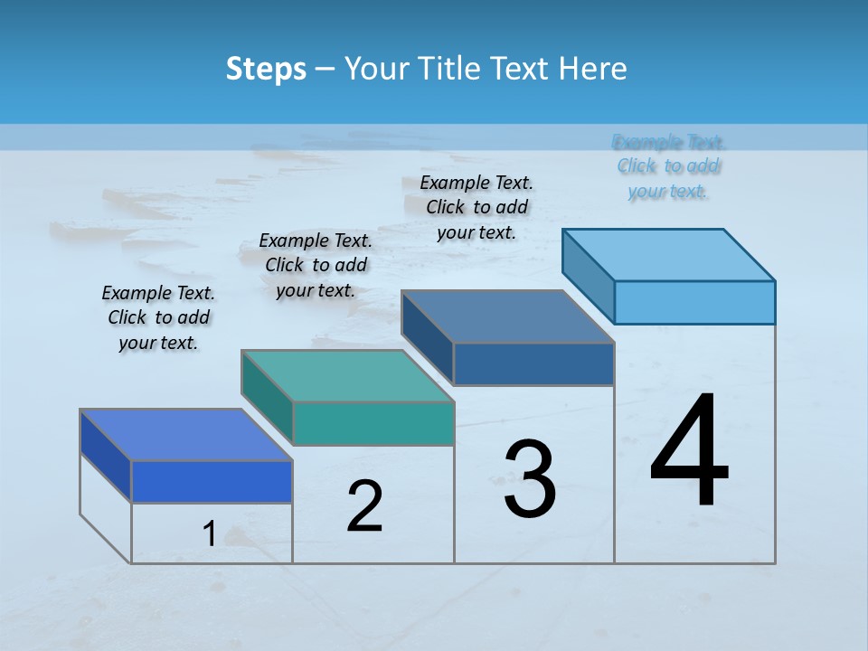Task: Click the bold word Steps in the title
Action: [266, 69]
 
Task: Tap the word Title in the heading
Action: [452, 69]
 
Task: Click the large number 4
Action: [689, 452]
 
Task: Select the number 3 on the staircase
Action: [530, 479]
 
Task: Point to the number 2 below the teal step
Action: [365, 506]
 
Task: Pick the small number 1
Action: [209, 534]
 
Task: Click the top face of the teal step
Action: [348, 376]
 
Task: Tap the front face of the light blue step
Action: [694, 302]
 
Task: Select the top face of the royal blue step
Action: [185, 435]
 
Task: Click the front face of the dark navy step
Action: [533, 364]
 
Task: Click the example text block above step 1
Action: [158, 317]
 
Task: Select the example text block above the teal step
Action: [316, 265]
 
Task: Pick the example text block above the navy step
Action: [476, 207]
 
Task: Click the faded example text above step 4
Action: [668, 166]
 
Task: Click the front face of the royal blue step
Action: [212, 482]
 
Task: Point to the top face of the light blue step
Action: [669, 254]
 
